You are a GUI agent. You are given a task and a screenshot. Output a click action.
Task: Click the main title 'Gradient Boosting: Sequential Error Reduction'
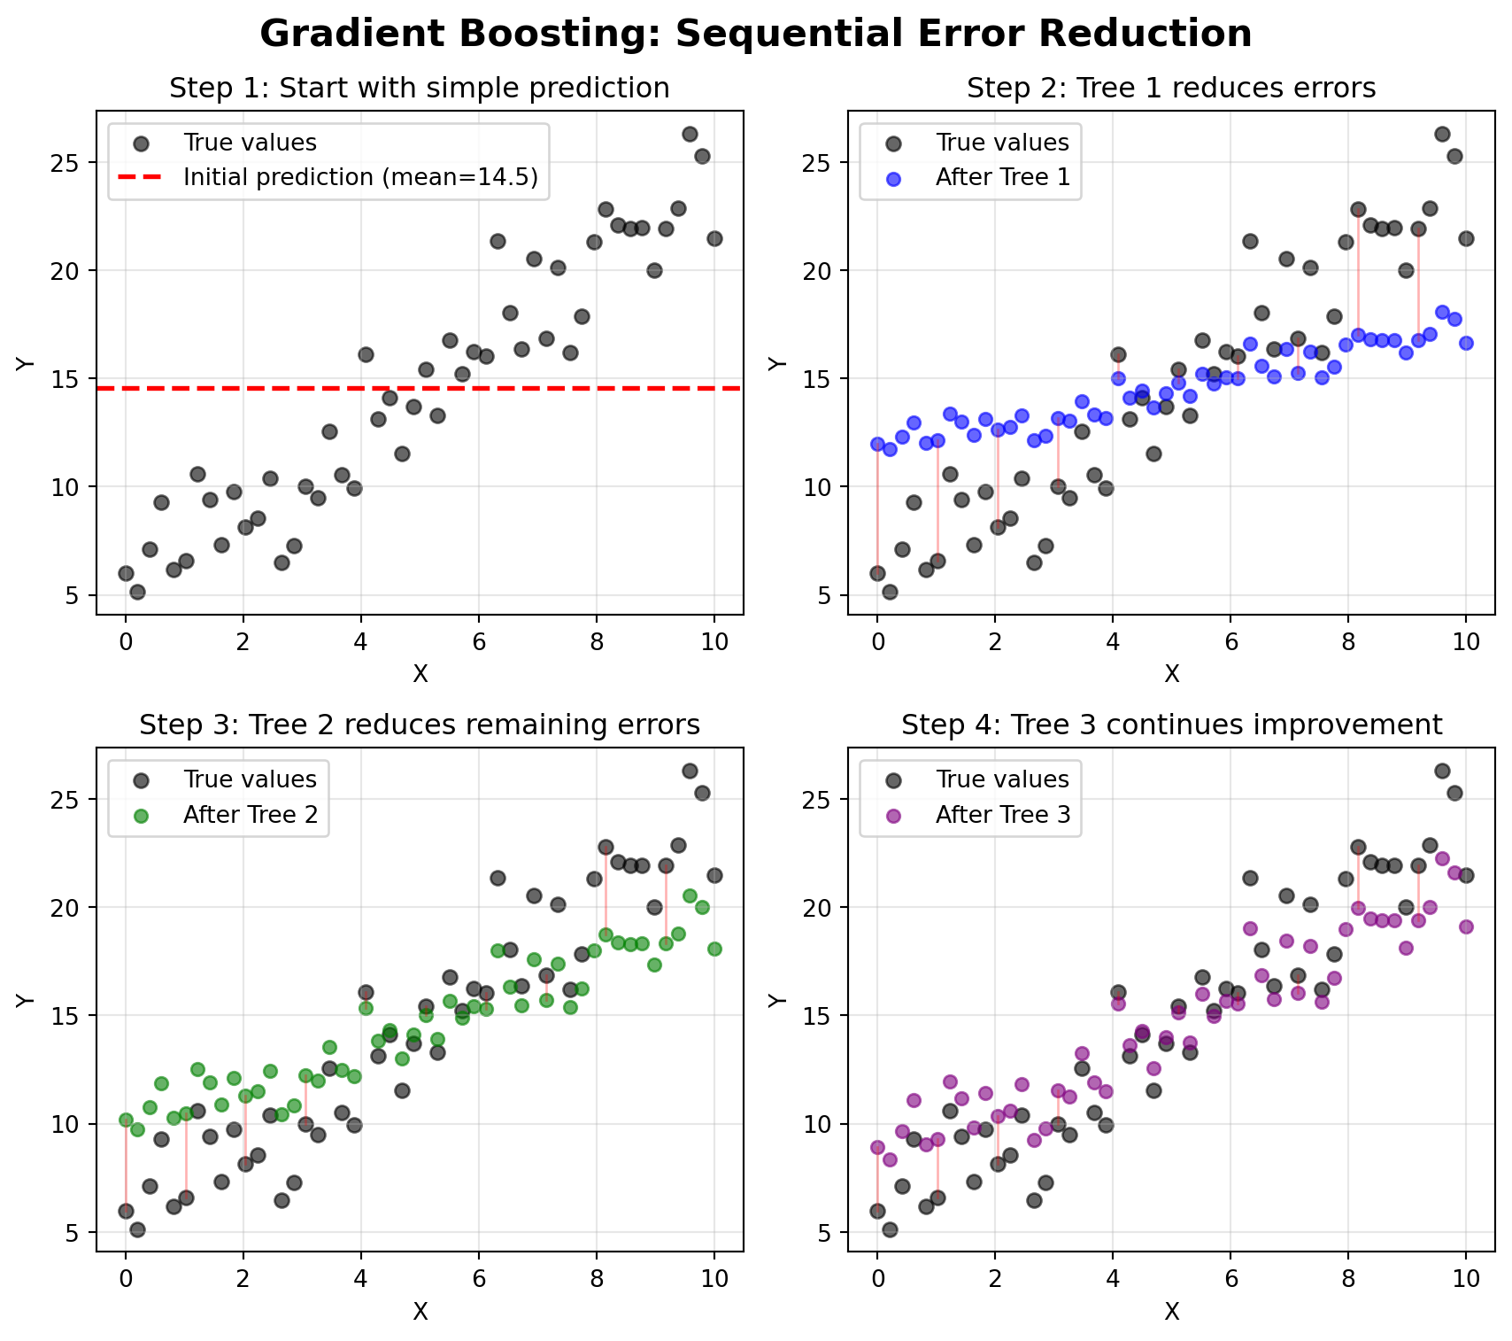pos(755,35)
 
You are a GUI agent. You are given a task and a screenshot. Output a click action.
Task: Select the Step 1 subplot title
pos(419,89)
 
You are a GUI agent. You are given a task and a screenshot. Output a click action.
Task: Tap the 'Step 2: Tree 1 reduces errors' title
pos(1170,89)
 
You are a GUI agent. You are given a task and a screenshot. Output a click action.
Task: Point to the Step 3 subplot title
pos(419,725)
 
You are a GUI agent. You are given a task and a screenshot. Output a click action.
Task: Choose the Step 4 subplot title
pos(1170,725)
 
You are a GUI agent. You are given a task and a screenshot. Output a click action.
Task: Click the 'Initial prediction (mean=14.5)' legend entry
pos(360,177)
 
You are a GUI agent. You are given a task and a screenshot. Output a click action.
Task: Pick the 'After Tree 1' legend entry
pos(1002,177)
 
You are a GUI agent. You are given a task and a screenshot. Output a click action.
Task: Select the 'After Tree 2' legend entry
pos(251,814)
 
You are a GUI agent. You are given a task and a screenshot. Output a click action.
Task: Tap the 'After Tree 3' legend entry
pos(1002,814)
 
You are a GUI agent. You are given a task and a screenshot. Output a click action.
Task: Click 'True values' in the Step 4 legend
pos(1001,779)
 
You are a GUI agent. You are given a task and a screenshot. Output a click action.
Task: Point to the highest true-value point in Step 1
pos(690,134)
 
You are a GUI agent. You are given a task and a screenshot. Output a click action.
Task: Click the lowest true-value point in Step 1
pos(137,592)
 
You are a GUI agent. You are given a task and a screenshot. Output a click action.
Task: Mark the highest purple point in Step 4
pos(1441,858)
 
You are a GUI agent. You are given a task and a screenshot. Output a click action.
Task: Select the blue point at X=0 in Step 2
pos(877,444)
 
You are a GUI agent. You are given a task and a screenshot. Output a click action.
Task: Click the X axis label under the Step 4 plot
pos(1171,1311)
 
